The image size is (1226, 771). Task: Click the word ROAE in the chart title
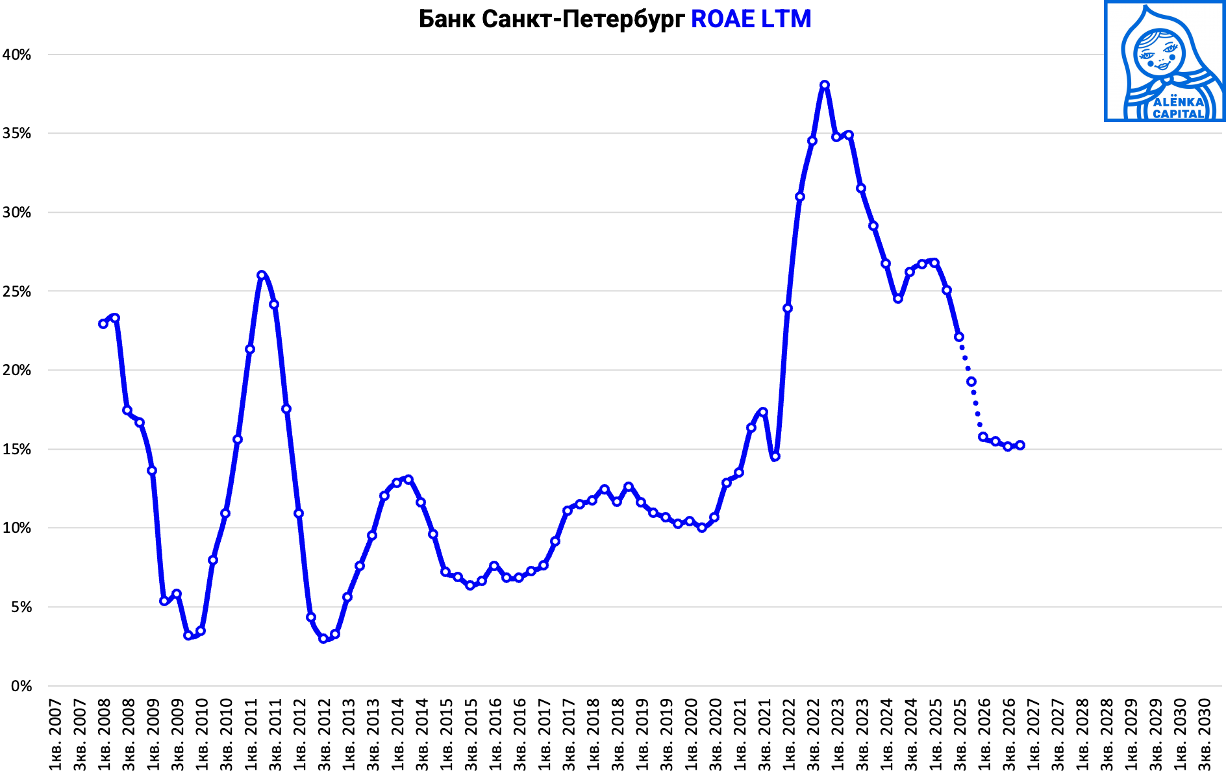point(722,19)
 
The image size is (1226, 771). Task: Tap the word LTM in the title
point(786,19)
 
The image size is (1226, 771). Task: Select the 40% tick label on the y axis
point(17,55)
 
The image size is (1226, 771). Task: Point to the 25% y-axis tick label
point(17,291)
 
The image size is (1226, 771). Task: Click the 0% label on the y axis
point(21,686)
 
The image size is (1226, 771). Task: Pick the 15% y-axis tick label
point(17,449)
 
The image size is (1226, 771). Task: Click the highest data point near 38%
point(825,85)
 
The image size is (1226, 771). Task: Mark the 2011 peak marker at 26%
point(262,275)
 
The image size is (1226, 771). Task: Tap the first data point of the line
point(103,324)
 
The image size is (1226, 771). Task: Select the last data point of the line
point(1020,445)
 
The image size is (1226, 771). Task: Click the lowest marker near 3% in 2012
point(323,639)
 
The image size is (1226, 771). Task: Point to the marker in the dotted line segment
point(971,382)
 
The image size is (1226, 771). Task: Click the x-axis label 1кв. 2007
point(55,734)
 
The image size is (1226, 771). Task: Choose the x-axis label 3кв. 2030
point(1205,734)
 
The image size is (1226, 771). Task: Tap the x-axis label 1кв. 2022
point(789,734)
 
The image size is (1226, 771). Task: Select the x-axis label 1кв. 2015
point(447,734)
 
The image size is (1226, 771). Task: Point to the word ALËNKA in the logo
point(1179,102)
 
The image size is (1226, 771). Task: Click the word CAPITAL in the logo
point(1179,114)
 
